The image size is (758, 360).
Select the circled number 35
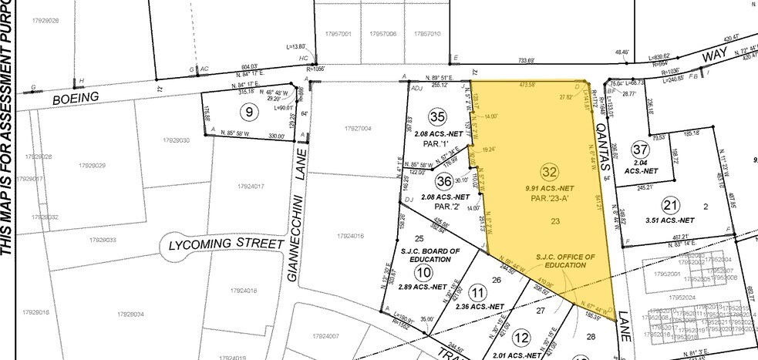coord(438,117)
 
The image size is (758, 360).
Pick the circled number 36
coord(443,181)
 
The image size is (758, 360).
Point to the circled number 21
coord(669,204)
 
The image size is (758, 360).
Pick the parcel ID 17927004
coord(355,128)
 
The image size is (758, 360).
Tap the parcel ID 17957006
coord(383,34)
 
